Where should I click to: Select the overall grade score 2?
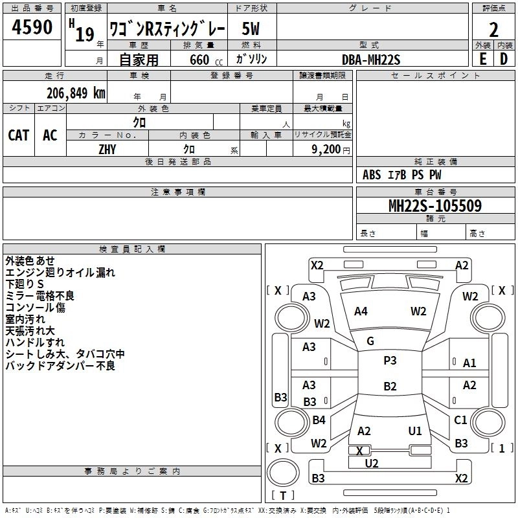pyautogui.click(x=493, y=30)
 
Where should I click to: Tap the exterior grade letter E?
pyautogui.click(x=482, y=59)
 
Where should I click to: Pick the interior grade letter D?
pyautogui.click(x=504, y=59)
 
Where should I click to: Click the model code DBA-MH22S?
pyautogui.click(x=371, y=60)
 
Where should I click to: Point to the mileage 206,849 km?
pyautogui.click(x=75, y=93)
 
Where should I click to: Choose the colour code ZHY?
pyautogui.click(x=107, y=149)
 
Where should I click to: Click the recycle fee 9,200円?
pyautogui.click(x=330, y=149)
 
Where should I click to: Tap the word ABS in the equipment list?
pyautogui.click(x=372, y=175)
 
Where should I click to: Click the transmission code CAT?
pyautogui.click(x=19, y=135)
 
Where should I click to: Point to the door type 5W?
pyautogui.click(x=251, y=29)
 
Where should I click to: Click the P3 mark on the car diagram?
pyautogui.click(x=390, y=361)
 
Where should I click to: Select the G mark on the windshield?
pyautogui.click(x=370, y=341)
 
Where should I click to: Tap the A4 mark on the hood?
pyautogui.click(x=361, y=311)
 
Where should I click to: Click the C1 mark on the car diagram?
pyautogui.click(x=460, y=420)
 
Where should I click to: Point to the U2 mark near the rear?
pyautogui.click(x=372, y=463)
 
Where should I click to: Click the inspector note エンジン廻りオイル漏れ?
pyautogui.click(x=60, y=273)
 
